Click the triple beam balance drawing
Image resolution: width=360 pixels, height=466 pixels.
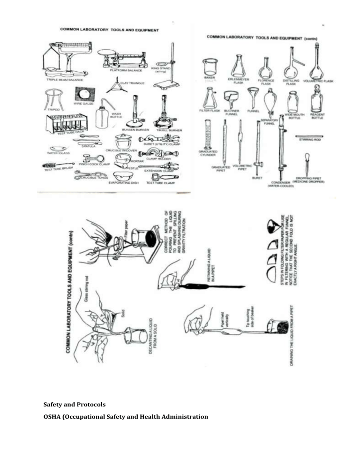pos(67,60)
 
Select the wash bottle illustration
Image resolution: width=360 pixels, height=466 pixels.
pos(102,114)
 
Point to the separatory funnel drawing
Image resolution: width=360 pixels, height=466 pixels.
pos(270,104)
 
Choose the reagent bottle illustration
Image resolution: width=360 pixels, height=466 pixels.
pos(317,100)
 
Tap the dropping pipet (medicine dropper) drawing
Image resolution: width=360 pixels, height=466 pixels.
pos(307,164)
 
